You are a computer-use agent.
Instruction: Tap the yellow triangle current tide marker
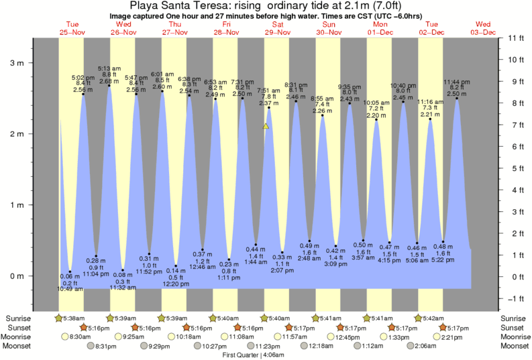pyautogui.click(x=266, y=125)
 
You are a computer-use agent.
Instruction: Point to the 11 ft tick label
pyautogui.click(x=515, y=38)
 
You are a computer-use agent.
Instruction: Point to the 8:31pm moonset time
pyautogui.click(x=104, y=346)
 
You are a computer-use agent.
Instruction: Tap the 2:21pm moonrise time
pyautogui.click(x=453, y=337)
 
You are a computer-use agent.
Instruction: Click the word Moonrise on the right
pyautogui.click(x=514, y=337)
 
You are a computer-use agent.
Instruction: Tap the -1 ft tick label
pyautogui.click(x=515, y=298)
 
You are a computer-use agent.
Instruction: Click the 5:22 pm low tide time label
pyautogui.click(x=443, y=261)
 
